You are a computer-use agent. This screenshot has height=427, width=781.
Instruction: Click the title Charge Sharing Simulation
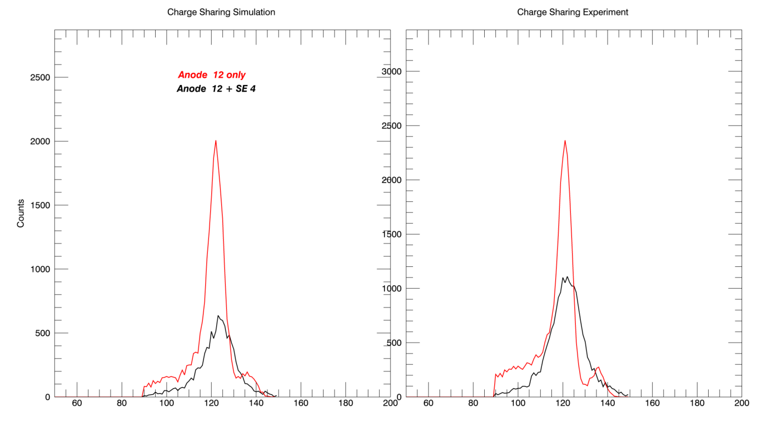(x=221, y=12)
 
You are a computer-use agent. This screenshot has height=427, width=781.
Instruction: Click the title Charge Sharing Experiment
(x=573, y=12)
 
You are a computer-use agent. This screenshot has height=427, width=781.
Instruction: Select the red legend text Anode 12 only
(x=212, y=75)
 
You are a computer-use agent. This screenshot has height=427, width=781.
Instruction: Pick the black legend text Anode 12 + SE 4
(x=216, y=88)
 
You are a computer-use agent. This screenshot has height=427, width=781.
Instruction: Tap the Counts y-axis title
(x=21, y=213)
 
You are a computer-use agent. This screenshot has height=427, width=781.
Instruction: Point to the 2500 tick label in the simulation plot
(x=40, y=77)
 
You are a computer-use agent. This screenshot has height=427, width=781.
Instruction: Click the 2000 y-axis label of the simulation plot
(x=40, y=141)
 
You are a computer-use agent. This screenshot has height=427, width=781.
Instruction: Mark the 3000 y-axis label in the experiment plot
(x=391, y=72)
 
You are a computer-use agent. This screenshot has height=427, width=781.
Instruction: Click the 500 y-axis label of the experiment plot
(x=394, y=343)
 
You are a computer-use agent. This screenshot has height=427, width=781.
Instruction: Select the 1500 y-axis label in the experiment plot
(x=391, y=235)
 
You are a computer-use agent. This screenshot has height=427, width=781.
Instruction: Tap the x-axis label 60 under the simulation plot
(x=77, y=403)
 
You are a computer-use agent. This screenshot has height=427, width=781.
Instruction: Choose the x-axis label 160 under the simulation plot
(x=301, y=403)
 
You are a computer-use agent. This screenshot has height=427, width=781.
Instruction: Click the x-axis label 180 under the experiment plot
(x=697, y=403)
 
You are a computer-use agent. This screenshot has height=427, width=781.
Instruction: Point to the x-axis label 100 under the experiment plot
(x=518, y=403)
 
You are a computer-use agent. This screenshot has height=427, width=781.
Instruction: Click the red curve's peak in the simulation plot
(x=216, y=141)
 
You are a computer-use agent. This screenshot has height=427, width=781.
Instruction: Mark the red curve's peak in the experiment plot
(x=565, y=141)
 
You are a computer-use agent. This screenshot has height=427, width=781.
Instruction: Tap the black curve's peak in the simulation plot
(x=218, y=316)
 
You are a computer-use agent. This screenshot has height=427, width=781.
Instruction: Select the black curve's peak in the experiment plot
(x=568, y=277)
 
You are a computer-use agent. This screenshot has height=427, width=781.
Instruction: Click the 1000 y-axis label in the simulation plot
(x=40, y=269)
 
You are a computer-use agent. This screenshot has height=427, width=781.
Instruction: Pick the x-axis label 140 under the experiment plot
(x=608, y=403)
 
